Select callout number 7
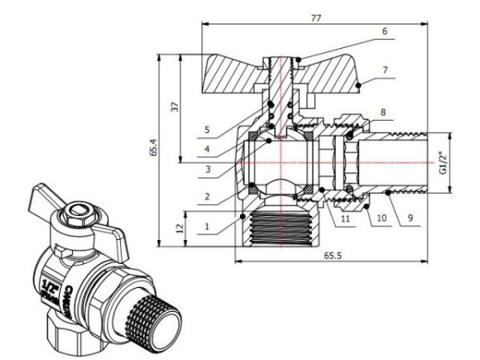(x=384, y=70)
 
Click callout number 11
(x=344, y=217)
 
